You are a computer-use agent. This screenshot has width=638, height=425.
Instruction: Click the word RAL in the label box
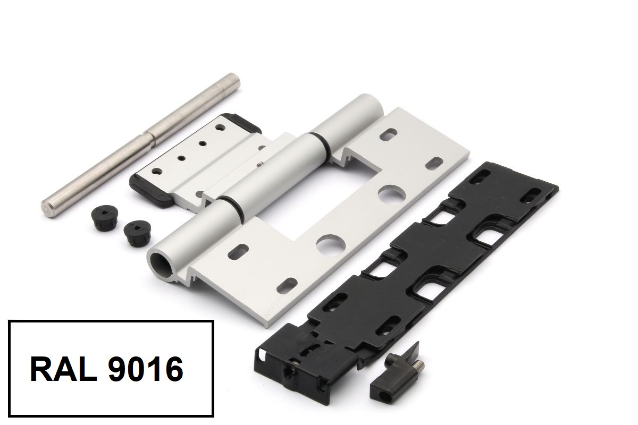(x=63, y=369)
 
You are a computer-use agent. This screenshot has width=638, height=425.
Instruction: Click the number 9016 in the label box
(x=146, y=369)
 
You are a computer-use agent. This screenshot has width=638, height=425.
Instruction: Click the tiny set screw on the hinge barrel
(x=259, y=164)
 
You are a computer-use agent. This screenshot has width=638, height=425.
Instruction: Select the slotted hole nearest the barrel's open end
(x=238, y=252)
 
